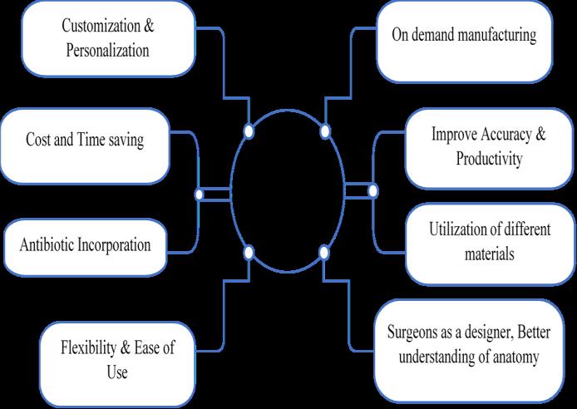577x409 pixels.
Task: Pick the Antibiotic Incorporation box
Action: coord(86,245)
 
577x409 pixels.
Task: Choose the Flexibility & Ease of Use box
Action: coord(117,359)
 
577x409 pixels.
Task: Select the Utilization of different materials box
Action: coord(477,242)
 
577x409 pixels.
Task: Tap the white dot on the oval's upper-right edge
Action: coord(325,131)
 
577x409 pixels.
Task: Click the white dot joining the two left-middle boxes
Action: coord(199,194)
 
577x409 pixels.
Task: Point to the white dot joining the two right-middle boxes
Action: coord(372,191)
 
